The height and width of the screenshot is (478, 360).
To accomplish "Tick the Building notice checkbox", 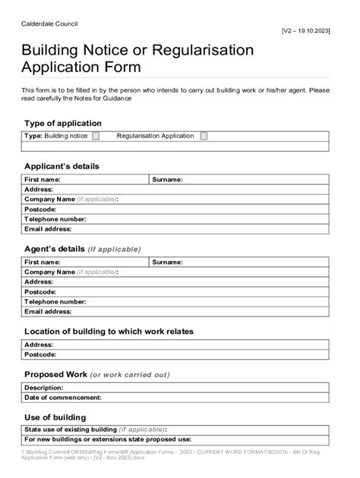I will tap(96, 137).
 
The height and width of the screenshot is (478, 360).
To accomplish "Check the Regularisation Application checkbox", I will tap(204, 137).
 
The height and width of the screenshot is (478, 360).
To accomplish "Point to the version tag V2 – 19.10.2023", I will tap(305, 31).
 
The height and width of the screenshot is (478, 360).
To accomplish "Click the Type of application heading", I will tap(62, 123).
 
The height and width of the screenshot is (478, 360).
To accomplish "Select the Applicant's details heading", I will tap(62, 166).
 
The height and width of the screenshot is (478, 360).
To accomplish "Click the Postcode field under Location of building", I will tap(190, 354).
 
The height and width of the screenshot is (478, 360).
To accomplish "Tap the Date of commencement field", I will tap(213, 398).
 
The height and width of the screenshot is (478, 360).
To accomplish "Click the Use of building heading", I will tap(55, 417).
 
